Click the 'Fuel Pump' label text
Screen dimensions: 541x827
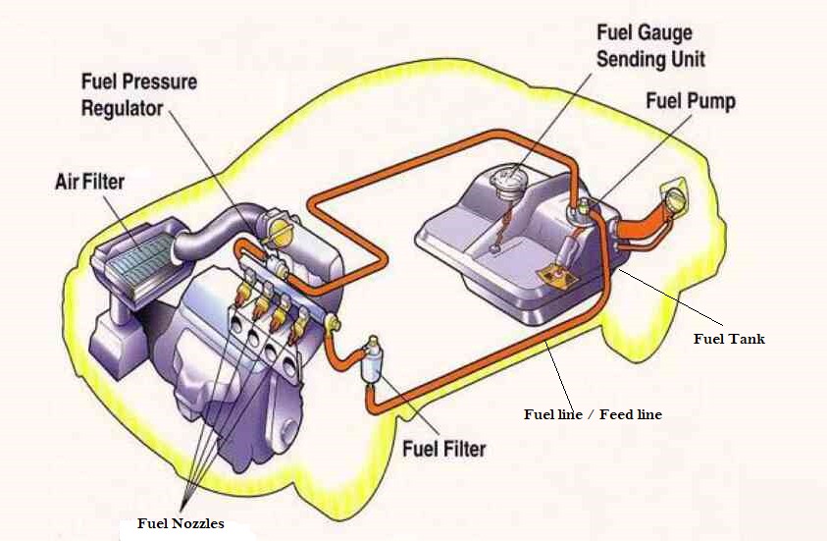690,100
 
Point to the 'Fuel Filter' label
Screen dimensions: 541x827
443,449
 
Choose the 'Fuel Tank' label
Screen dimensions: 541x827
728,339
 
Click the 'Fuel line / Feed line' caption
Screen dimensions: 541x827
593,414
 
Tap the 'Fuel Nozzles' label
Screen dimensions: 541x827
180,523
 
